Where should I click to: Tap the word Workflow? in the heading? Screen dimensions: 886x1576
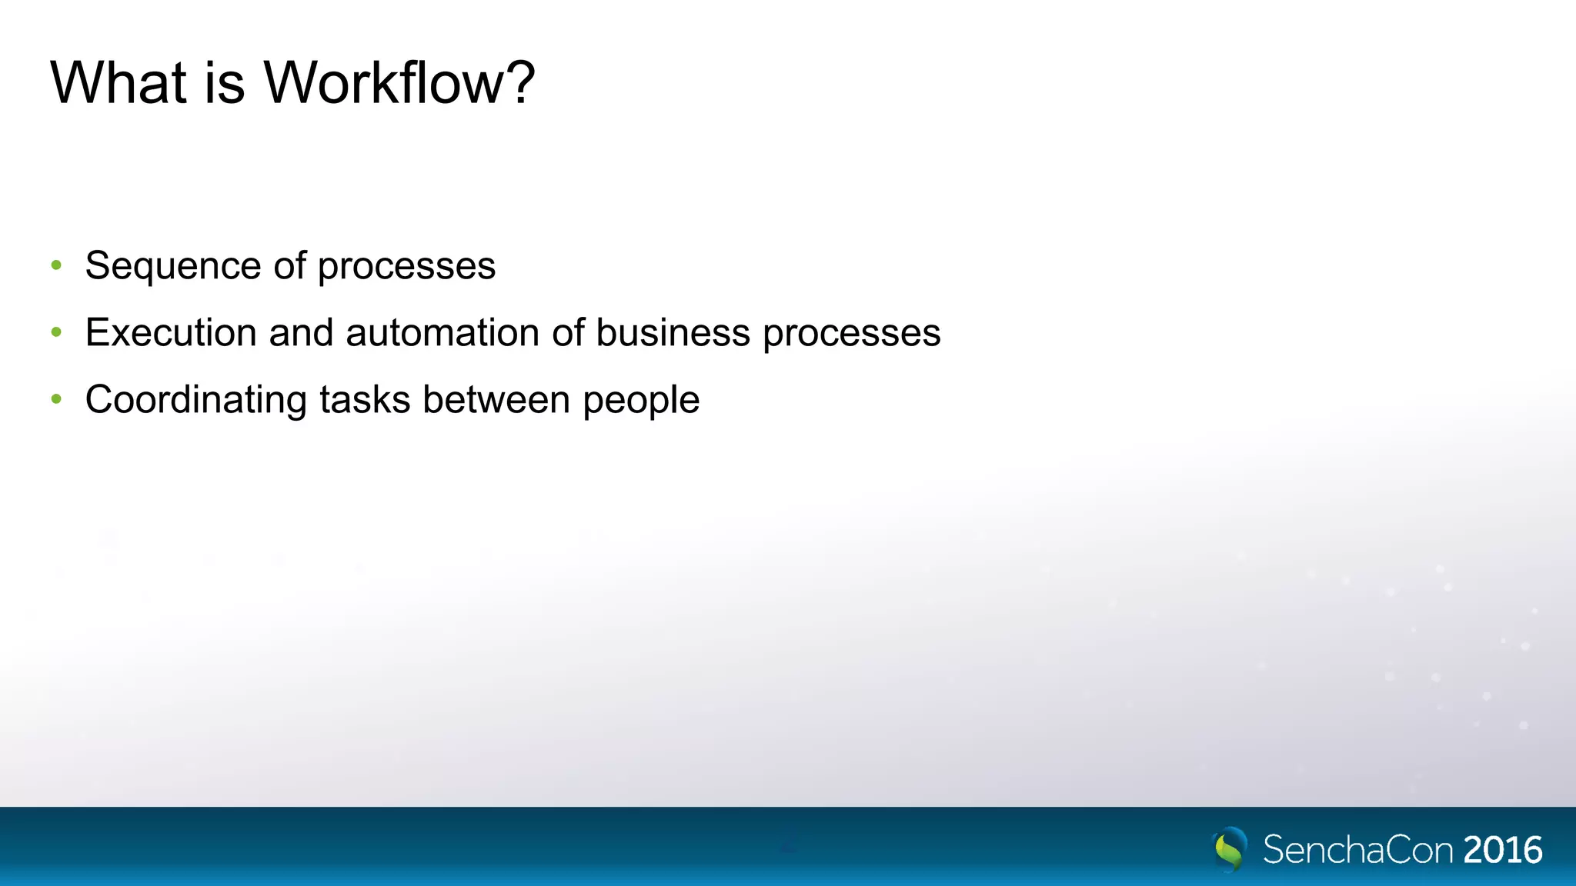399,82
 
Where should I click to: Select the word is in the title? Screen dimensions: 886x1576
225,82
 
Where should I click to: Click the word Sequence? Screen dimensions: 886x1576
173,266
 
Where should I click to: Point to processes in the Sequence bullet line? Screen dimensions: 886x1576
406,266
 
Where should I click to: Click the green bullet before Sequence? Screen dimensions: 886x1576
56,266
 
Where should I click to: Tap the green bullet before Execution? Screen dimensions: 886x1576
56,333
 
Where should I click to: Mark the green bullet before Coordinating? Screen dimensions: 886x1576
56,400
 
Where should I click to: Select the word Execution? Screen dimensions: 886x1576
171,333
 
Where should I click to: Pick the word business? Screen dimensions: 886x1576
673,333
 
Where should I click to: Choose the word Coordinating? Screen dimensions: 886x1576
196,400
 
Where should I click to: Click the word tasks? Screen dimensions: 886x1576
365,400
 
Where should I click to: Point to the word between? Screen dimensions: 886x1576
496,400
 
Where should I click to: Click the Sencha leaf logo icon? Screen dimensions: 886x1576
1230,849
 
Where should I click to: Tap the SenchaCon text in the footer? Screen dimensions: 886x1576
1358,850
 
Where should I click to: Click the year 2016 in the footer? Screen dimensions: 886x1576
1503,850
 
